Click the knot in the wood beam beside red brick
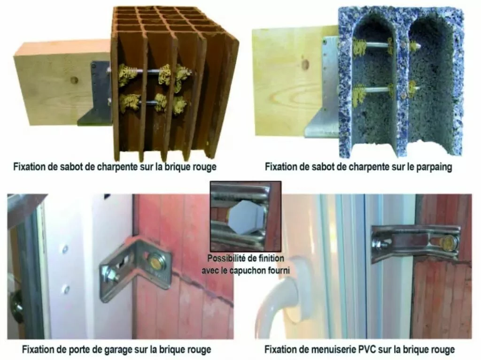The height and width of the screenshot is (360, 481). (74, 80)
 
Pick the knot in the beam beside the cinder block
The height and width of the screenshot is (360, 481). (305, 64)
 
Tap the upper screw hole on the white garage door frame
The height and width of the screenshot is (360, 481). (65, 249)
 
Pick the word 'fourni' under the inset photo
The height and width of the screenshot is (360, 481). (279, 270)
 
